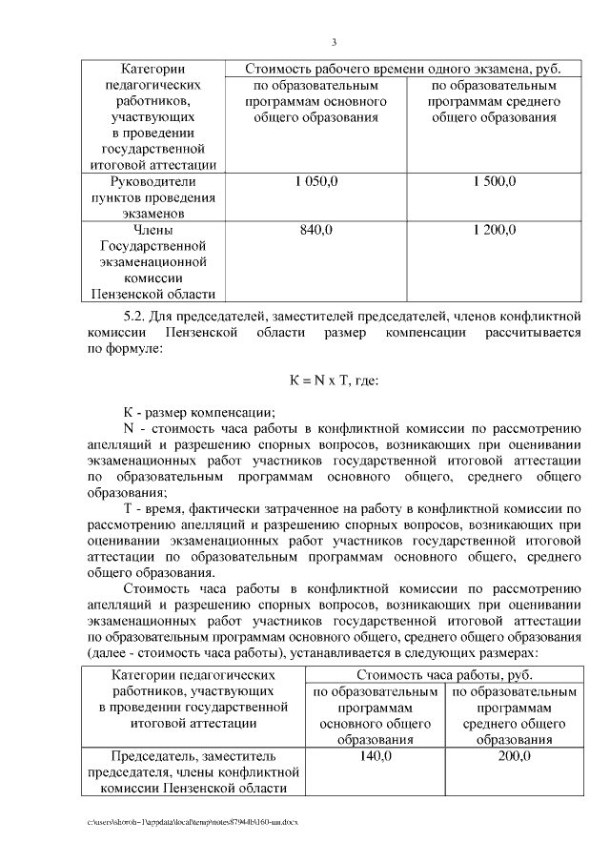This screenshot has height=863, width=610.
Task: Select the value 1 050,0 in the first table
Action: click(x=316, y=181)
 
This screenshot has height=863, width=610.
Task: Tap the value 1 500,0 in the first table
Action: click(x=495, y=181)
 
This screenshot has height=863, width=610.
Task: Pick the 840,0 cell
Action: click(x=316, y=230)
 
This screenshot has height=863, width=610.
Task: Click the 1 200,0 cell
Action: click(x=495, y=230)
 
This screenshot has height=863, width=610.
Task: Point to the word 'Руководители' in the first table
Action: click(x=152, y=181)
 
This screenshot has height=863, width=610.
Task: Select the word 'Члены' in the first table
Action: click(x=152, y=230)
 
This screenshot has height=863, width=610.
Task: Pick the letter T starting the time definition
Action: click(x=128, y=509)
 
